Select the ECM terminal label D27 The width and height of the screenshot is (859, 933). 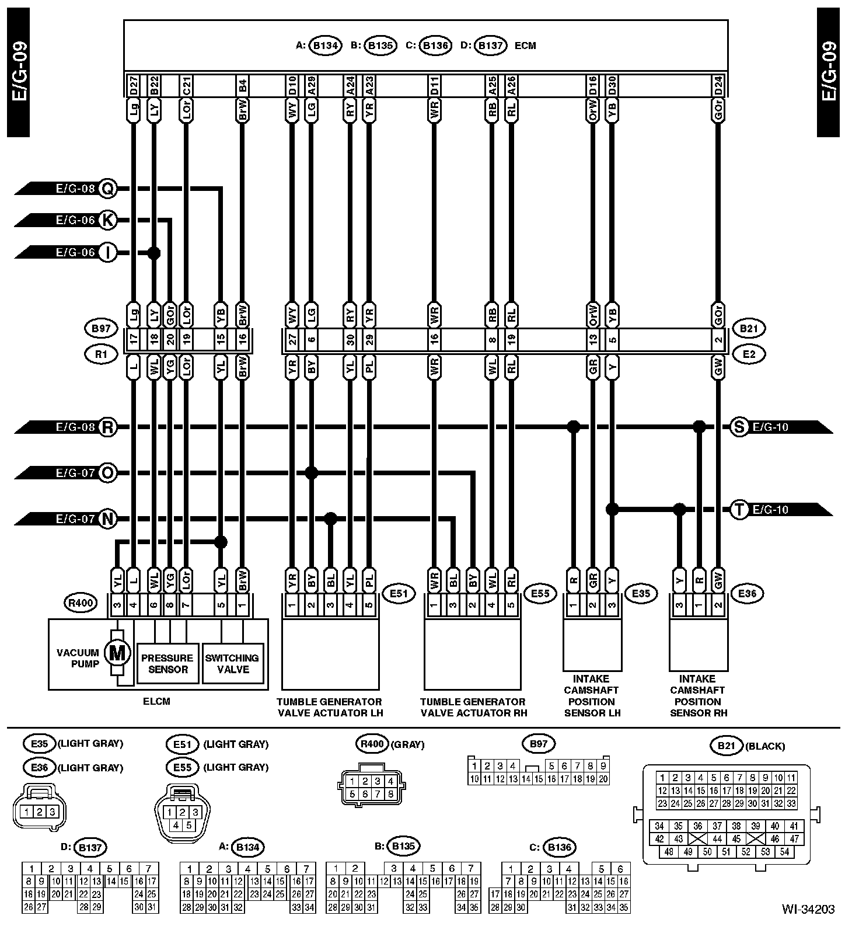pos(134,85)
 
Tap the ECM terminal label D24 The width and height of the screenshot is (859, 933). pos(718,85)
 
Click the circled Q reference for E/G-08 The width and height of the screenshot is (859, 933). pos(107,188)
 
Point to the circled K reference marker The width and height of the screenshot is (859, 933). pos(107,220)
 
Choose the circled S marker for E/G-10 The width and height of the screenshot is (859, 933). pos(739,427)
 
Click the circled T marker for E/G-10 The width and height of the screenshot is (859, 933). pos(739,510)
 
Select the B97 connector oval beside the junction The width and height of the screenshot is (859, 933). pos(101,329)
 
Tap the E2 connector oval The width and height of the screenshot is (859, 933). pos(749,354)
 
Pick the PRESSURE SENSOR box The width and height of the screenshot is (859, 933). pos(167,664)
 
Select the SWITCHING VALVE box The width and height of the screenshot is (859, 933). pos(233,664)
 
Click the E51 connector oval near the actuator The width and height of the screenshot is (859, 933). pos(398,594)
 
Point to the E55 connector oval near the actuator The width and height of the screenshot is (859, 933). pos(540,594)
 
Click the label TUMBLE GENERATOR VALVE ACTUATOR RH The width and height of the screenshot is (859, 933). pos(473,707)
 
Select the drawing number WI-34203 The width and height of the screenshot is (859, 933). pos(808,925)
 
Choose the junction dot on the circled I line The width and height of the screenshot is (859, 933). pos(154,253)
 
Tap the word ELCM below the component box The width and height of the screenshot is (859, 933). pos(156,701)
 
